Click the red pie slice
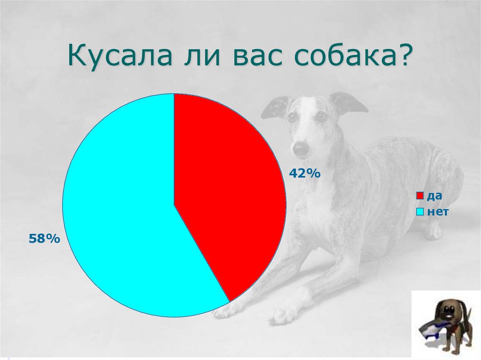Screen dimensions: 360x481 pos(225,188)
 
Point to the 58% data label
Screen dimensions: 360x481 pos(44,239)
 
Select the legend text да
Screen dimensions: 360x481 pos(434,196)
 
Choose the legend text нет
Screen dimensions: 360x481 pos(437,212)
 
